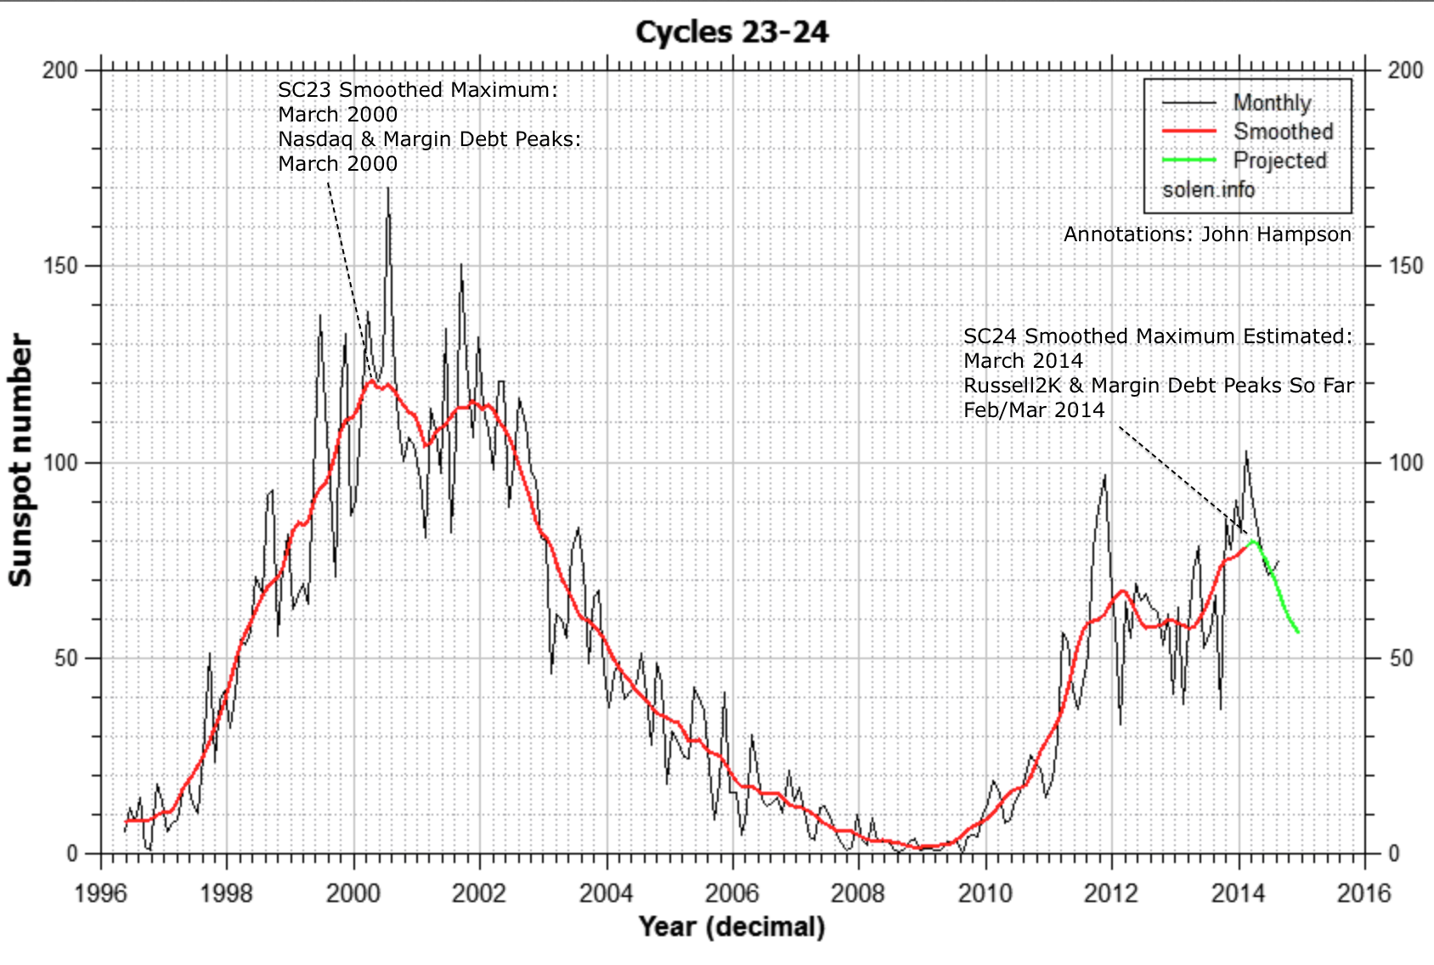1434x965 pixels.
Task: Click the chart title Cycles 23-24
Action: coord(731,32)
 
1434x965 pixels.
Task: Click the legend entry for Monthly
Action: coord(1271,103)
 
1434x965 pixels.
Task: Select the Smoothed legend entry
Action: coord(1283,132)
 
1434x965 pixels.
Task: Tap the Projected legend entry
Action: coord(1279,161)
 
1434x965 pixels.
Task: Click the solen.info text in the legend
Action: coord(1208,189)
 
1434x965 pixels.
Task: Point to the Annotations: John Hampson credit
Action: coord(1206,234)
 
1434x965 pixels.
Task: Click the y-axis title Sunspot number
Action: coord(20,460)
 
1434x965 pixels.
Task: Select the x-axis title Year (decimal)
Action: coord(731,926)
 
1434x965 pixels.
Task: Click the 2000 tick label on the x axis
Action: coord(353,894)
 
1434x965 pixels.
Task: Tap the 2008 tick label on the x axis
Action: coord(858,894)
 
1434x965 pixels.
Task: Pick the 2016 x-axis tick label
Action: coord(1363,894)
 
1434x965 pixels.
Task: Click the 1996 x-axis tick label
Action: coord(101,894)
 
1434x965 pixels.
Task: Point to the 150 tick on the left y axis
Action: coord(59,266)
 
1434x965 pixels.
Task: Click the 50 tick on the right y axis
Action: coord(1401,658)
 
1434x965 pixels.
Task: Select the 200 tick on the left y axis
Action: coord(59,71)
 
